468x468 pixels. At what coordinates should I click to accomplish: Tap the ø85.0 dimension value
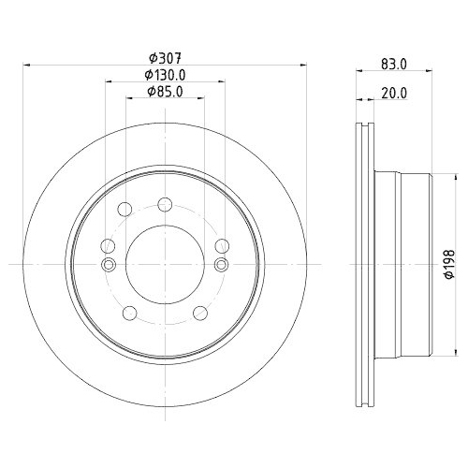coord(164,92)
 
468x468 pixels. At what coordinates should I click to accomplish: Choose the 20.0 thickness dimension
coord(394,92)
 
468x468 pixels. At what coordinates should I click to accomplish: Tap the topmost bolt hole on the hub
coord(165,205)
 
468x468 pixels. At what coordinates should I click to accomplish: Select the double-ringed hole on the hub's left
coord(108,265)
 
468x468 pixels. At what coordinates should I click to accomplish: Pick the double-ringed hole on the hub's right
coord(222,265)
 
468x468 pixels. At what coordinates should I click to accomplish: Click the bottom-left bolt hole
coord(130,313)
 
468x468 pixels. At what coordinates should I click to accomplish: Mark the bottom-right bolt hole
coord(199,313)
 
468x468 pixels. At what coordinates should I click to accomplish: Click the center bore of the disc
coord(165,265)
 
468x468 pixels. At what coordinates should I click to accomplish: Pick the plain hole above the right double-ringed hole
coord(222,246)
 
